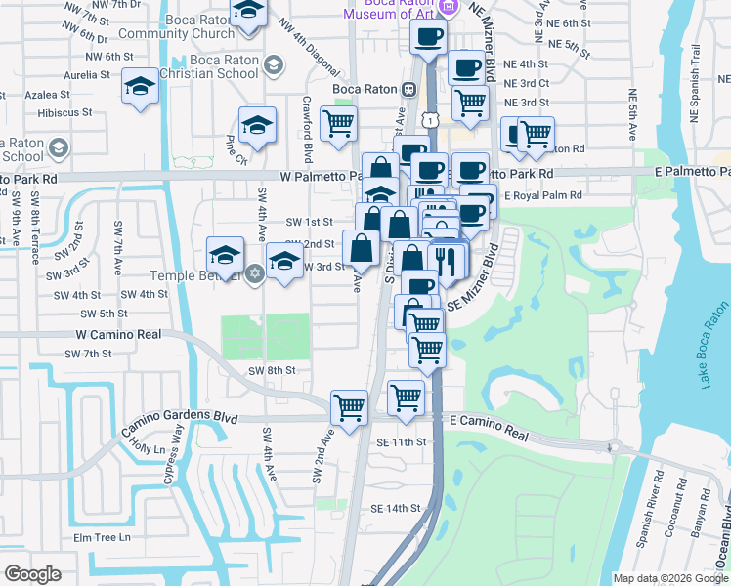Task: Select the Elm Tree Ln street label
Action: point(102,538)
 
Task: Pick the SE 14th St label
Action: point(395,509)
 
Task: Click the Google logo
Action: point(32,573)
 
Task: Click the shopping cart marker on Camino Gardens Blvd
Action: point(349,407)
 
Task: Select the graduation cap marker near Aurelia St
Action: point(140,86)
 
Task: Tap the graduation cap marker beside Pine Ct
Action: point(257,124)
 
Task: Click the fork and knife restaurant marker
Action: point(449,260)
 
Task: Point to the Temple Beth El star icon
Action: point(254,272)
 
